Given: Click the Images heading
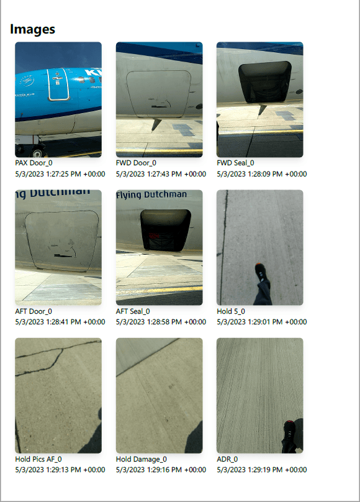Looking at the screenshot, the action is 32,29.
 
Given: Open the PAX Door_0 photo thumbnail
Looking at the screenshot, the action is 58,99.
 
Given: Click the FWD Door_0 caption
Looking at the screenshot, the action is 136,163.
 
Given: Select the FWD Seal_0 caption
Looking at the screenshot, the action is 235,163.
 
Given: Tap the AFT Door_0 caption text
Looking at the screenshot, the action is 34,311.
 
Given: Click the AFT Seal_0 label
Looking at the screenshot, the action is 133,311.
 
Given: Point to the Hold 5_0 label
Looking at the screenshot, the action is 231,311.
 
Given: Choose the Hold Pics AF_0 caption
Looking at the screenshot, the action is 38,459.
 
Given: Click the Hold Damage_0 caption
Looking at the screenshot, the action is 142,459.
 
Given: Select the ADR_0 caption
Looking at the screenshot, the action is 227,459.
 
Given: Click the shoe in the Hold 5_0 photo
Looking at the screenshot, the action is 262,273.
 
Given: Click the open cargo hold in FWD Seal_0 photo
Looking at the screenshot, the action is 264,82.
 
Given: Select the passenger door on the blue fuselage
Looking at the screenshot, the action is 58,84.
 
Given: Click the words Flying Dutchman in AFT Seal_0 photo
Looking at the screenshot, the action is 151,194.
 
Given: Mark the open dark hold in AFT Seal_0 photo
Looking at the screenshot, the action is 165,230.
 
